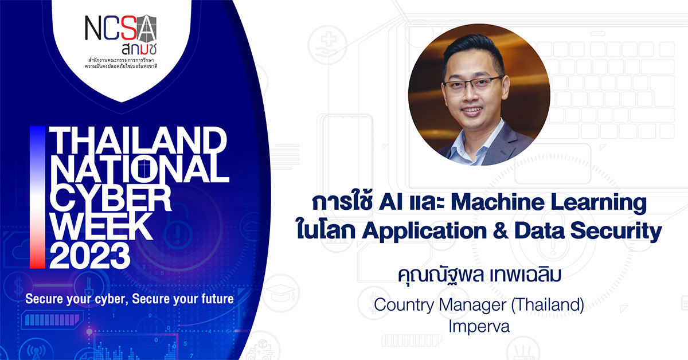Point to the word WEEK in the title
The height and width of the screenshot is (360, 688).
pos(101,228)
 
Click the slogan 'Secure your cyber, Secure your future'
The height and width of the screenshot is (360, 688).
pos(129,299)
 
